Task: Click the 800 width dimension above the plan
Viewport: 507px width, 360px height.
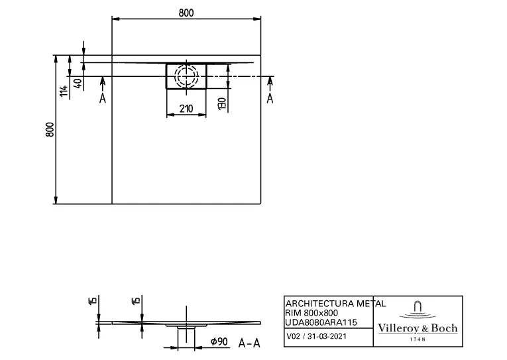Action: [x=186, y=12]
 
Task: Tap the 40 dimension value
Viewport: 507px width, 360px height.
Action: [x=78, y=83]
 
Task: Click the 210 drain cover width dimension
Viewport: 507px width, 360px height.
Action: [x=186, y=108]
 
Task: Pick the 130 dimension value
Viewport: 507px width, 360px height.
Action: [x=222, y=103]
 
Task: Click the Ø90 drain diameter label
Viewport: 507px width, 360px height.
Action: [x=219, y=341]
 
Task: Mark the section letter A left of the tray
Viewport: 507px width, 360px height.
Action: [x=103, y=98]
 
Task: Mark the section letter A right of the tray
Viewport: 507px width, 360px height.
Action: [x=270, y=98]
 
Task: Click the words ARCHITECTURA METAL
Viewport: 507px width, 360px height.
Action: [x=335, y=303]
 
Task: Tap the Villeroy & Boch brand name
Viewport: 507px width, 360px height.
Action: [x=417, y=328]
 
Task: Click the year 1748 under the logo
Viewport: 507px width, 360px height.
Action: [x=417, y=339]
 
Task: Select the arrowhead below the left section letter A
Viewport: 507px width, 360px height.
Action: [x=103, y=81]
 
